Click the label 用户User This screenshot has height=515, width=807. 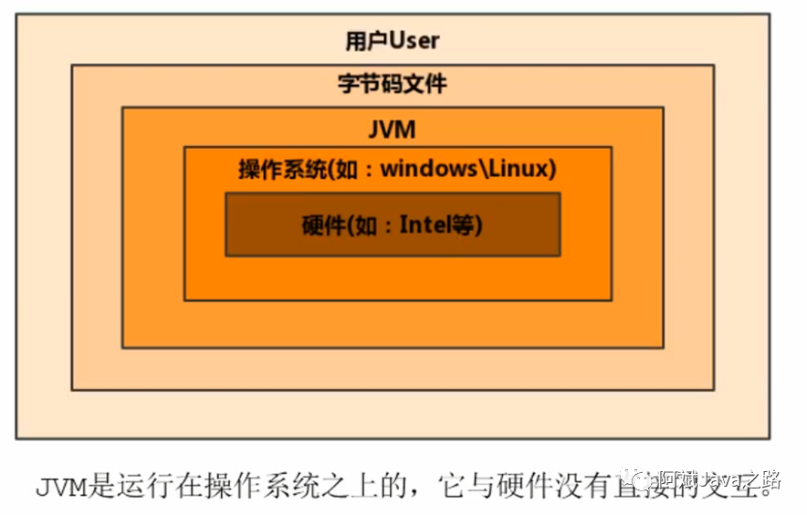[x=393, y=41]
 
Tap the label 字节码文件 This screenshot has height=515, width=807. [x=393, y=85]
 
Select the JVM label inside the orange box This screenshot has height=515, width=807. [x=393, y=130]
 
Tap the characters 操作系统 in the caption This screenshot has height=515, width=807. [x=266, y=485]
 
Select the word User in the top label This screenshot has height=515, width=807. [x=414, y=41]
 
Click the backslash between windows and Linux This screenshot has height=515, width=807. [x=477, y=169]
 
